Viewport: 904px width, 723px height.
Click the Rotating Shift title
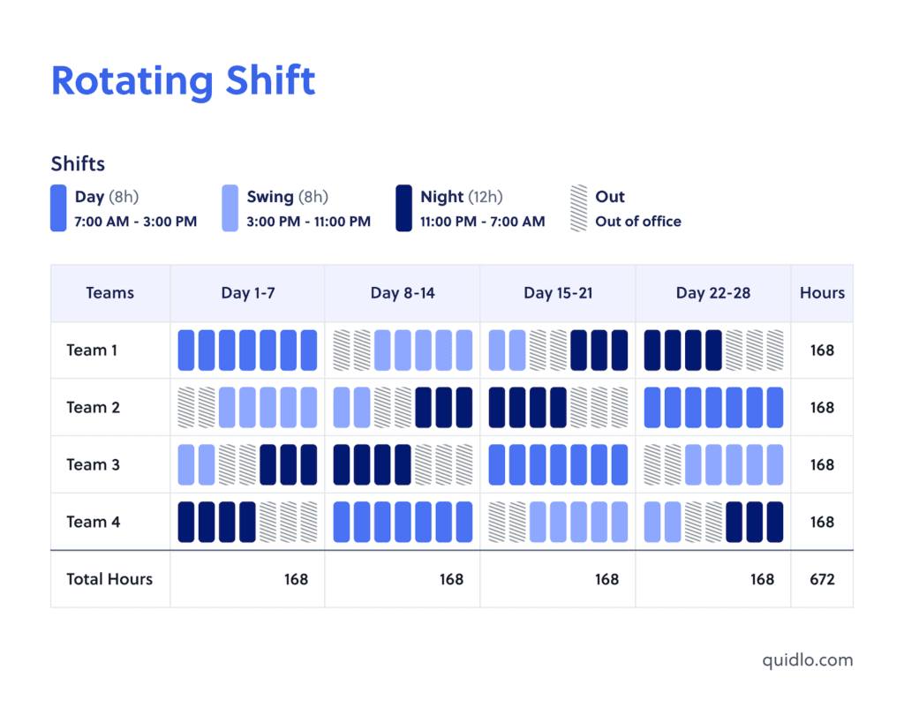[x=183, y=81]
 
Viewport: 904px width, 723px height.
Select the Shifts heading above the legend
[x=78, y=163]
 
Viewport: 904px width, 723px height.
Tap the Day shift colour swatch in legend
[x=58, y=208]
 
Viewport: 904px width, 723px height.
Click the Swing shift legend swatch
[x=230, y=208]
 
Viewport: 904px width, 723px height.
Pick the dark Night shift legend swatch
[x=403, y=208]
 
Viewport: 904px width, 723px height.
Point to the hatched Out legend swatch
[x=578, y=208]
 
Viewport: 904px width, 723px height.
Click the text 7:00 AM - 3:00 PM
[x=135, y=222]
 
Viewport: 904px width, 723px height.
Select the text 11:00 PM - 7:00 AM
[x=482, y=222]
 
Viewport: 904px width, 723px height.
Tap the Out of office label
[x=637, y=222]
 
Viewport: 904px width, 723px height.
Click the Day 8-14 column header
[x=403, y=293]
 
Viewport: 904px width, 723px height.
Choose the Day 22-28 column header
[x=712, y=293]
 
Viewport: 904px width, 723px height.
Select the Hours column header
[x=822, y=293]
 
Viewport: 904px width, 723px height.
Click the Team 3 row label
[x=93, y=464]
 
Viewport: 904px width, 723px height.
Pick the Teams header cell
[x=110, y=293]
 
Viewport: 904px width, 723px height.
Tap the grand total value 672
[x=821, y=579]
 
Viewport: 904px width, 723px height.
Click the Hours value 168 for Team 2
[x=821, y=408]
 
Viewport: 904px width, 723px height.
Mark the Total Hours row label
[x=109, y=579]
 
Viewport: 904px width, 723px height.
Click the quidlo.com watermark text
[x=808, y=659]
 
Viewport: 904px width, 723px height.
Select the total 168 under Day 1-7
[x=296, y=579]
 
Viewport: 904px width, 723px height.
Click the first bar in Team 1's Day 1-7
[x=186, y=350]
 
